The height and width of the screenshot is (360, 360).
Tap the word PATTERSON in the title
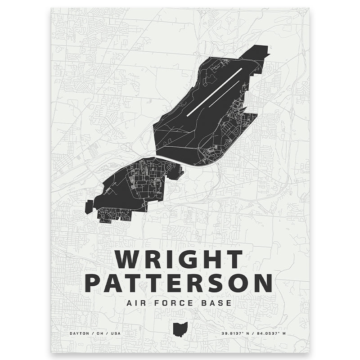[x=179, y=283]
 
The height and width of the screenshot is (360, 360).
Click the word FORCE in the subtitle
[x=172, y=303]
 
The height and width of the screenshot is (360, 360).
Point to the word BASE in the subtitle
[x=216, y=303]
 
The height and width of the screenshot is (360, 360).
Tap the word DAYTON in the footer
[x=79, y=333]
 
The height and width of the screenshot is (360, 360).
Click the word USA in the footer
[x=116, y=333]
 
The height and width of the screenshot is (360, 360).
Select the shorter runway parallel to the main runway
[x=223, y=94]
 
